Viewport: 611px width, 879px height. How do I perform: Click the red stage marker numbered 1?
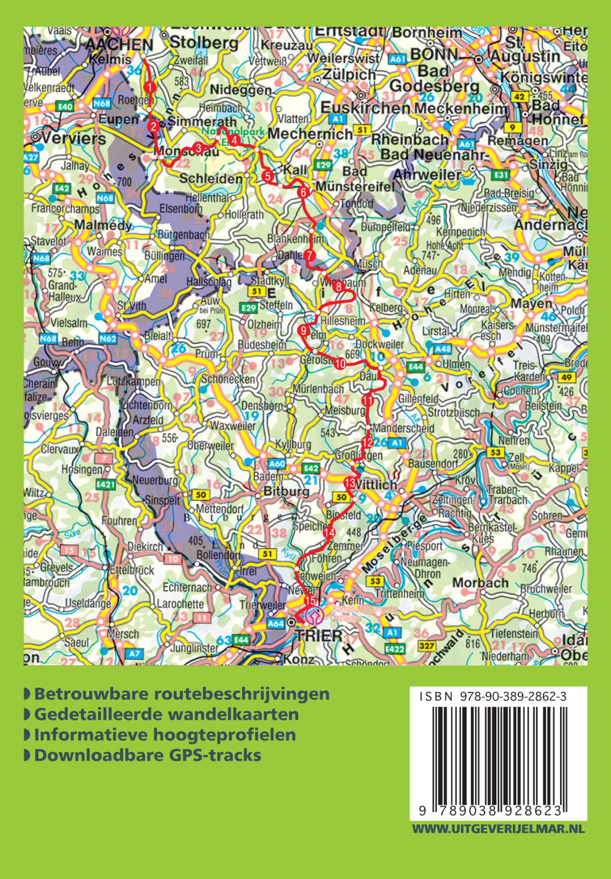(x=149, y=87)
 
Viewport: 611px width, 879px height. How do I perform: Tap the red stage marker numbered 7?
(x=309, y=256)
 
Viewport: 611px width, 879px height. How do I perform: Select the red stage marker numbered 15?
(x=310, y=601)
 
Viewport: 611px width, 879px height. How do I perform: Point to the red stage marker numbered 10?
(x=340, y=363)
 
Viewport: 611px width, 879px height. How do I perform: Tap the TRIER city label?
(x=319, y=635)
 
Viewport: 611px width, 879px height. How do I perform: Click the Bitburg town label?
(x=286, y=492)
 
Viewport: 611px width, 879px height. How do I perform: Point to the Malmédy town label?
(x=103, y=225)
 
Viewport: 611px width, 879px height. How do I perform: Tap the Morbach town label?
(x=480, y=583)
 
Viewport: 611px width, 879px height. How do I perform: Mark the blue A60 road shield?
(x=277, y=464)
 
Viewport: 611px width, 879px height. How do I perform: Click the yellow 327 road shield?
(x=427, y=646)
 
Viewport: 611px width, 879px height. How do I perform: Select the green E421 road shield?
(x=105, y=485)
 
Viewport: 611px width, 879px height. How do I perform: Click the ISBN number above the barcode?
(x=493, y=697)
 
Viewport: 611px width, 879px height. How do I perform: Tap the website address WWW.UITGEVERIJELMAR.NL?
(x=498, y=829)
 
